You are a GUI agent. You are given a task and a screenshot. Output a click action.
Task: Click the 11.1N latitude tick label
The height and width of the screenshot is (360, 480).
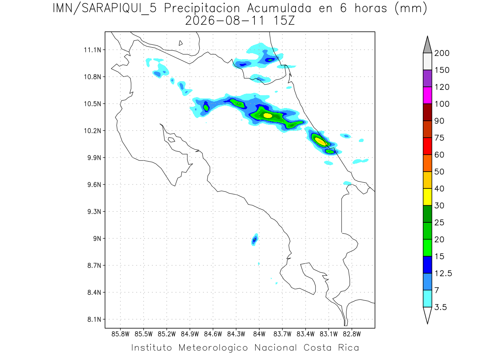point(92,50)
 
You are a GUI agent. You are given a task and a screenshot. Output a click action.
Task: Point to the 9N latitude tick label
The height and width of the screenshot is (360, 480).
point(97,238)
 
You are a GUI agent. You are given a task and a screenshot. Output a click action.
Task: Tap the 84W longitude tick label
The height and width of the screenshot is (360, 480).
point(259,334)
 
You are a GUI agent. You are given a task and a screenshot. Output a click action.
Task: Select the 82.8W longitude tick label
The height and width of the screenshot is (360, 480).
point(352,334)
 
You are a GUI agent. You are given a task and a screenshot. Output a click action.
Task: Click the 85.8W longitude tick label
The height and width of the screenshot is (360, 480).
point(120,334)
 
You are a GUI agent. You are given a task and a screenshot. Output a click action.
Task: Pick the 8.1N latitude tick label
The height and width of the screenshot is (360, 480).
point(94,319)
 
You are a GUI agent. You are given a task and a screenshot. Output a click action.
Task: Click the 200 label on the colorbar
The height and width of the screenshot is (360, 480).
point(442,53)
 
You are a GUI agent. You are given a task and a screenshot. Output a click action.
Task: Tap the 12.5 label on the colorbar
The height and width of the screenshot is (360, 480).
point(443,274)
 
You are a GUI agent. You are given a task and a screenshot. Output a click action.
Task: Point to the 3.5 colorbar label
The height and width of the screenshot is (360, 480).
point(440,307)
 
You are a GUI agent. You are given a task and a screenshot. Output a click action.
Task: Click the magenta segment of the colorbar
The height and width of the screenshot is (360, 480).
point(427,95)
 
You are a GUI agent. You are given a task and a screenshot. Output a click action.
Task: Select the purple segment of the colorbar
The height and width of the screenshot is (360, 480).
point(427,78)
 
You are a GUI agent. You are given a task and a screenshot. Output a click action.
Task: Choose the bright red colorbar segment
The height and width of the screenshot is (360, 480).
point(427,146)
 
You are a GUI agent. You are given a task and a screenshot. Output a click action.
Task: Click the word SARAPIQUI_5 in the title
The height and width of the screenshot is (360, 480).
point(119,9)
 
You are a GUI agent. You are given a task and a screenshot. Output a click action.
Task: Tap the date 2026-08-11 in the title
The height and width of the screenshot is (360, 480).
point(225,21)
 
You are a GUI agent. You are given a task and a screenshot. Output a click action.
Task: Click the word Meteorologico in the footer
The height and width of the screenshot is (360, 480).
point(213,348)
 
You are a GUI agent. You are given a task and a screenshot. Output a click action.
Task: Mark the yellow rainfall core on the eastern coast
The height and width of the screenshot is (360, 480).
point(321,142)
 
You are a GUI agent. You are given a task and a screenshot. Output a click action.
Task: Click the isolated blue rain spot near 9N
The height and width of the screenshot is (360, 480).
point(254,240)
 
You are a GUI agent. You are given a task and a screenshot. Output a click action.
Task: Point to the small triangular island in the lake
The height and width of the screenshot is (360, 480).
point(180,43)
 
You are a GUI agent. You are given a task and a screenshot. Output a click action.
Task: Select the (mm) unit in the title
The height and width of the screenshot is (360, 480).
point(411,9)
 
